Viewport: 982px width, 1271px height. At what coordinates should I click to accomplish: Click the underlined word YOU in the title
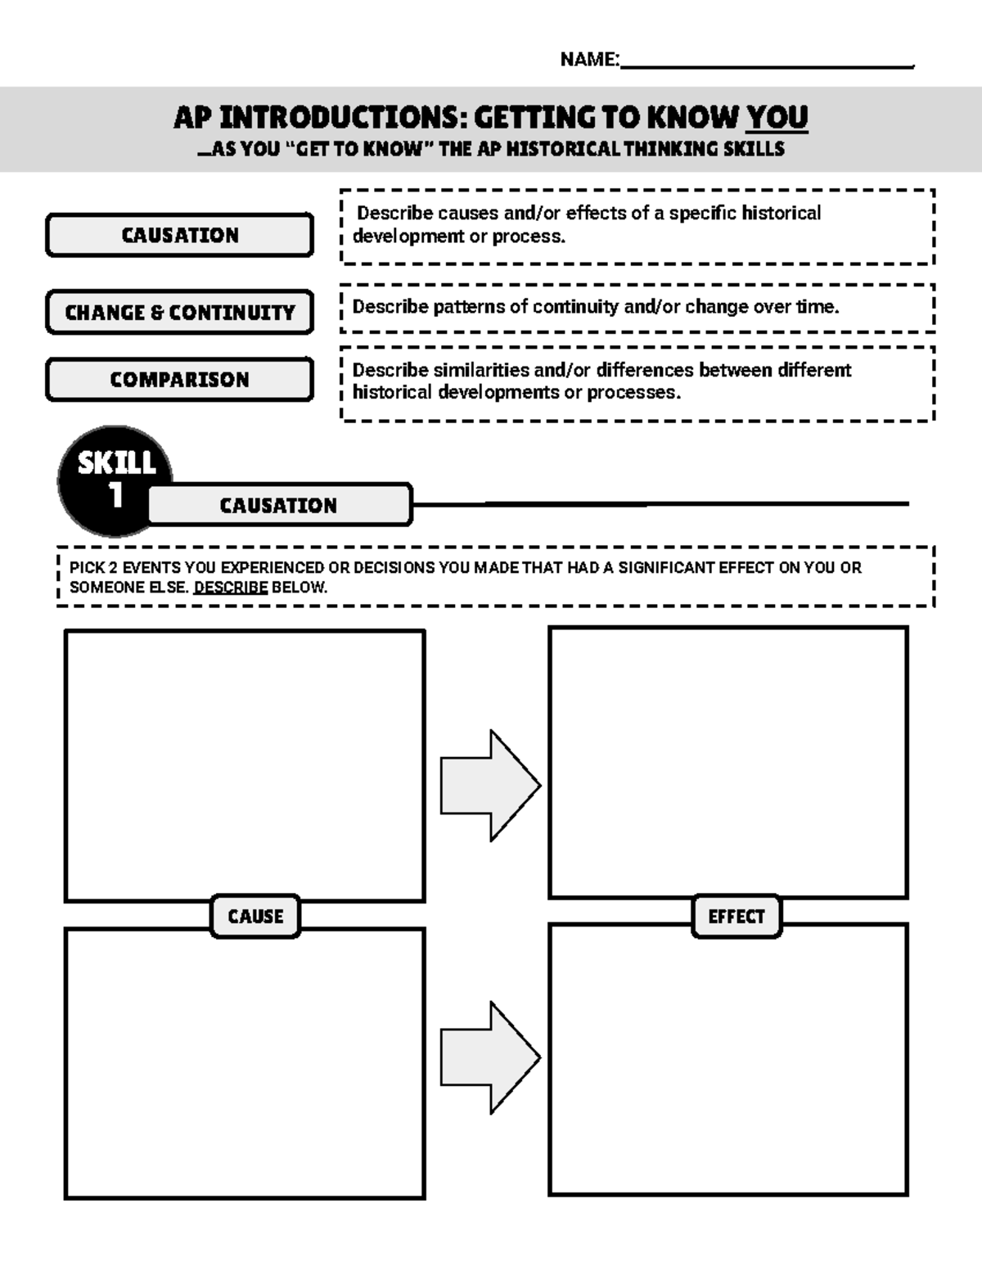(x=777, y=118)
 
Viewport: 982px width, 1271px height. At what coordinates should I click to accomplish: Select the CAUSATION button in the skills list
(x=180, y=236)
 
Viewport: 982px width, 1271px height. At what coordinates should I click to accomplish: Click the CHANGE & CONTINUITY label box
(x=180, y=313)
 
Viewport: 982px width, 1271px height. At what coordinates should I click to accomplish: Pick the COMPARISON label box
(x=180, y=380)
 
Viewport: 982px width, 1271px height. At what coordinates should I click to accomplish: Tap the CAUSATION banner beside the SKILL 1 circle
(x=278, y=505)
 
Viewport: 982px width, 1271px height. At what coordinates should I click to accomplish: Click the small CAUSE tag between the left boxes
(x=255, y=916)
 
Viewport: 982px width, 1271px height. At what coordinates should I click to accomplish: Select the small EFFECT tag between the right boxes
(x=736, y=916)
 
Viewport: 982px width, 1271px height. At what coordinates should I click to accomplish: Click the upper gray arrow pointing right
(x=489, y=785)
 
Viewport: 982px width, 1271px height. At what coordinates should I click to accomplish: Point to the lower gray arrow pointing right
(x=489, y=1057)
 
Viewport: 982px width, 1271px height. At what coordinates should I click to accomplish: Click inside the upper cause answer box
(x=245, y=765)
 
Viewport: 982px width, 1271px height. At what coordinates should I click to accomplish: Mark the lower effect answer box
(x=728, y=1060)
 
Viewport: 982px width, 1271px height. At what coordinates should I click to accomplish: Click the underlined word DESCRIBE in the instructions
(x=231, y=588)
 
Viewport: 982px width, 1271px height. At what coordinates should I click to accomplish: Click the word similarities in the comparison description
(x=480, y=370)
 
